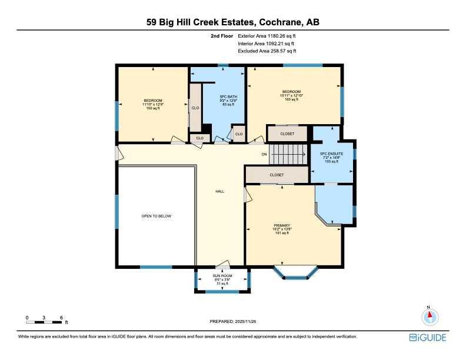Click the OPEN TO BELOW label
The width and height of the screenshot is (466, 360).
point(157,216)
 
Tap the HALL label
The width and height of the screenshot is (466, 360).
point(220,192)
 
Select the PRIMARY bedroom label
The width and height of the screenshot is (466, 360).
point(282,225)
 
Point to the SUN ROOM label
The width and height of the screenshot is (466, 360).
point(222,276)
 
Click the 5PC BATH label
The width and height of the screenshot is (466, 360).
point(228,97)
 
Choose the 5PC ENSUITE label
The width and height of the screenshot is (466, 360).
point(332,154)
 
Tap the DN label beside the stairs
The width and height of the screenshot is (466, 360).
point(264,155)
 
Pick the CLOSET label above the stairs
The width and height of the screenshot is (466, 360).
point(287,134)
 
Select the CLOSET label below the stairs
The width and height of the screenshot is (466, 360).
point(277,175)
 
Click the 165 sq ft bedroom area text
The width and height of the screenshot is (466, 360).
point(292,99)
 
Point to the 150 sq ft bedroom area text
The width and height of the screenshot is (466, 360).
point(153,108)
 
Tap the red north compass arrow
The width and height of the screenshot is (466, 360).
point(430,315)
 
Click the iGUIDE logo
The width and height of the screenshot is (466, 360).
point(428,338)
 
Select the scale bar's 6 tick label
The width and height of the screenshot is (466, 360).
point(62,318)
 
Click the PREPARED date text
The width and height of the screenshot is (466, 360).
point(233,321)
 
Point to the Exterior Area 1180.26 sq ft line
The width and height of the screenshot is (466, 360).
point(267,36)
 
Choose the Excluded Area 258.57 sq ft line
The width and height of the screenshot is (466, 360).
point(267,51)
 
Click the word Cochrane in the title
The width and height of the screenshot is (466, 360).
point(279,22)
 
